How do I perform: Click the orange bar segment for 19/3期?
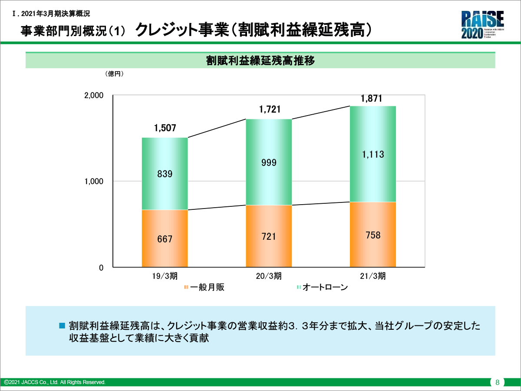pyautogui.click(x=165, y=238)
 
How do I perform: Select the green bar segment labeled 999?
pyautogui.click(x=269, y=162)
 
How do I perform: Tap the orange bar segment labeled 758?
pyautogui.click(x=373, y=235)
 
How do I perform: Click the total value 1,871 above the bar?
pyautogui.click(x=372, y=99)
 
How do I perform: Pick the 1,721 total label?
pyautogui.click(x=270, y=109)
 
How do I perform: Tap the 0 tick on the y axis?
pyautogui.click(x=101, y=268)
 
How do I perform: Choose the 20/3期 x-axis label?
pyautogui.click(x=269, y=276)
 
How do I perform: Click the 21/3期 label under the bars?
pyautogui.click(x=373, y=276)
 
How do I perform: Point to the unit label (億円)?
pyautogui.click(x=115, y=74)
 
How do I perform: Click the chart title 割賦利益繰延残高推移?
pyautogui.click(x=260, y=60)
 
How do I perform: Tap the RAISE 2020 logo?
pyautogui.click(x=483, y=25)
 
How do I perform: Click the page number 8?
pyautogui.click(x=497, y=382)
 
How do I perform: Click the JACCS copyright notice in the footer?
pyautogui.click(x=55, y=382)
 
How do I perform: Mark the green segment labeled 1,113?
pyautogui.click(x=373, y=154)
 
